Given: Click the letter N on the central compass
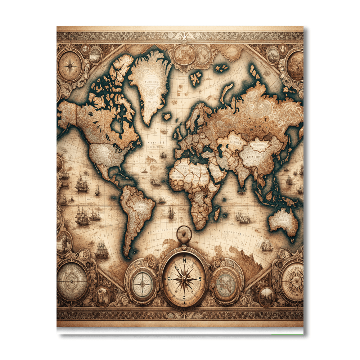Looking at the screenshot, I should pos(184,260).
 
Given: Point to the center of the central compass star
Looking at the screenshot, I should pos(184,279).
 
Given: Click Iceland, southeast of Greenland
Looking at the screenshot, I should pos(166,116).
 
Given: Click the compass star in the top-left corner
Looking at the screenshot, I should pos(71,66).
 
